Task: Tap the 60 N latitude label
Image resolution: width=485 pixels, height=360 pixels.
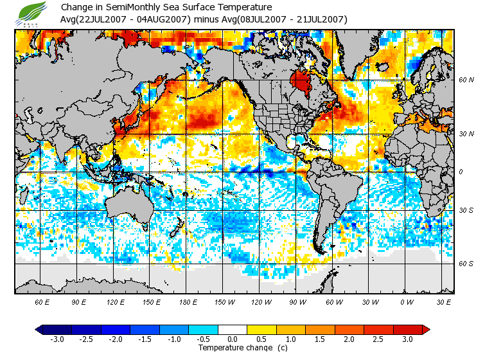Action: (466, 80)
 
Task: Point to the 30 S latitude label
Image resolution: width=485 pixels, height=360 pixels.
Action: (466, 211)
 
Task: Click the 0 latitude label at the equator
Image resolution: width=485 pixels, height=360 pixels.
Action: (460, 172)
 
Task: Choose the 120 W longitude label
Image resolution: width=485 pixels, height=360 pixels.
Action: (261, 301)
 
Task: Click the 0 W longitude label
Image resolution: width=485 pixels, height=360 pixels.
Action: (406, 301)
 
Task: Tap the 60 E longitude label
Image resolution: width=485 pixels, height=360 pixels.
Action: (43, 301)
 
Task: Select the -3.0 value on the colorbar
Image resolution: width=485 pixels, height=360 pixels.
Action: (57, 339)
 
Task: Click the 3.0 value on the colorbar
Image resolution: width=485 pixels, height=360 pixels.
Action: (407, 339)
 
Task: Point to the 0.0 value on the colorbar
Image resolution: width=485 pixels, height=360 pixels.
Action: (232, 339)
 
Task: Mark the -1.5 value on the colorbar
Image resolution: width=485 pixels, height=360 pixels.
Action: (145, 339)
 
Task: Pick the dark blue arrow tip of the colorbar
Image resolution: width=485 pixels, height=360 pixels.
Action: (39, 330)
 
